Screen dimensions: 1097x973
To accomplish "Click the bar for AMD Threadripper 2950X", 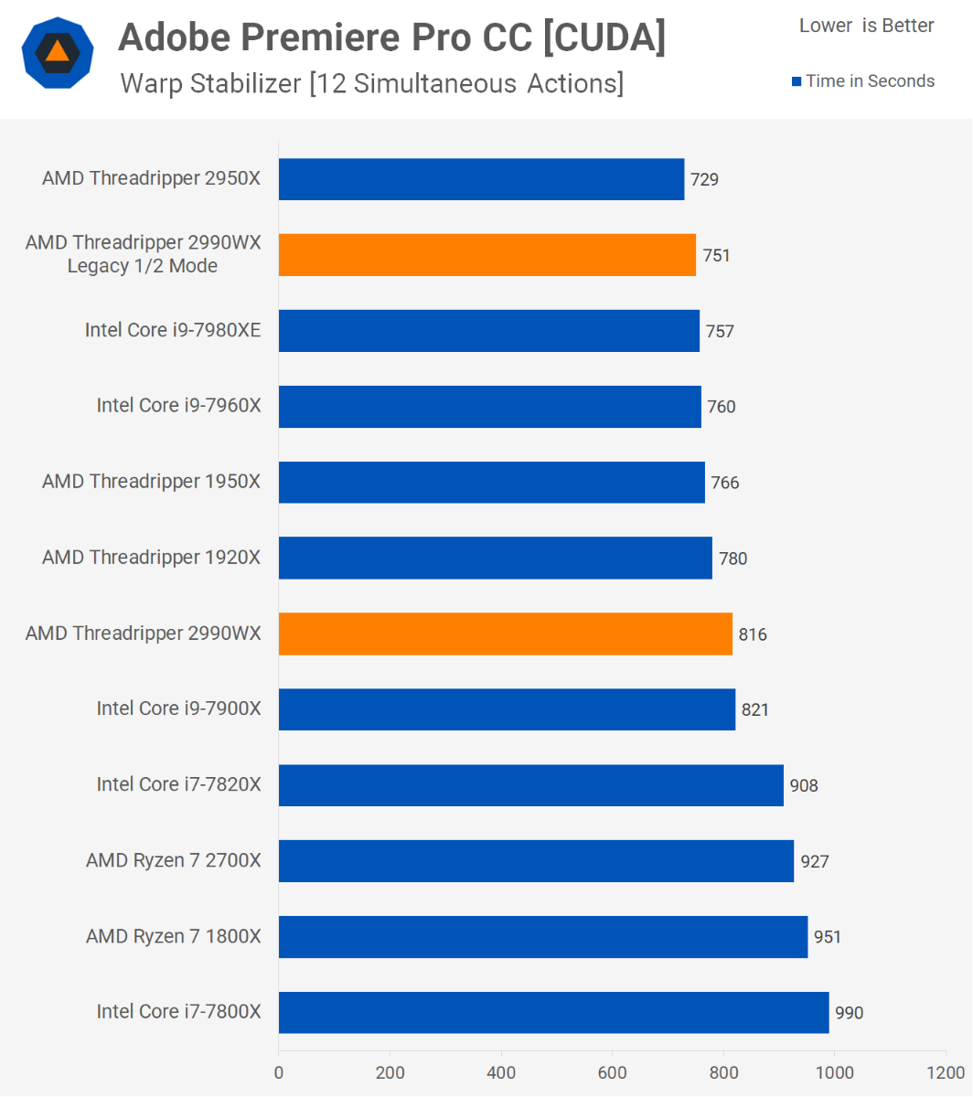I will [x=481, y=179].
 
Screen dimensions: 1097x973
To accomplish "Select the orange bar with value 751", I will [x=486, y=255].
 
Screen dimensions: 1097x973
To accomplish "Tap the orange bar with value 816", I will [x=505, y=634].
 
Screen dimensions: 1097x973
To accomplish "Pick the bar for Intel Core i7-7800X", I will [x=553, y=1012].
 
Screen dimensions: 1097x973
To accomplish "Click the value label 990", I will [x=849, y=1013].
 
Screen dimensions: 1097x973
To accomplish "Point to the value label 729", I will [x=704, y=180].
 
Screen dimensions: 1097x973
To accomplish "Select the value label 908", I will [x=804, y=785].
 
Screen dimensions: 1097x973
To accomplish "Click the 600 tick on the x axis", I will [x=613, y=1072].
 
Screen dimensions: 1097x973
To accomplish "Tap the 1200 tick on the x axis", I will [x=946, y=1072].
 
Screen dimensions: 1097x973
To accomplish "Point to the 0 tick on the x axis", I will [x=279, y=1072].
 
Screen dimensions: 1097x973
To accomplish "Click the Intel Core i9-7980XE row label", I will [x=173, y=330].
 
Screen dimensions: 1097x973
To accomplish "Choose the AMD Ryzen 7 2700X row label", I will [x=173, y=860].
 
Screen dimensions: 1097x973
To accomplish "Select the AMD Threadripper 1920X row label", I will [x=151, y=557].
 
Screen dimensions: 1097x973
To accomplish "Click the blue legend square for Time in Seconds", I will [x=796, y=82].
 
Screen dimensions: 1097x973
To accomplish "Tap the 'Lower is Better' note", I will [x=866, y=26].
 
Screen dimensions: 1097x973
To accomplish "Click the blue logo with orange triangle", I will [x=58, y=52].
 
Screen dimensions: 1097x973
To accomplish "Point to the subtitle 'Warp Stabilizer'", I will [x=210, y=84].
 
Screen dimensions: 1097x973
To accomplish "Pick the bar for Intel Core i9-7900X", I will [x=507, y=709].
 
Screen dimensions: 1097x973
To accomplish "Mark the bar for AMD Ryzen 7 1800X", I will [x=543, y=937].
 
